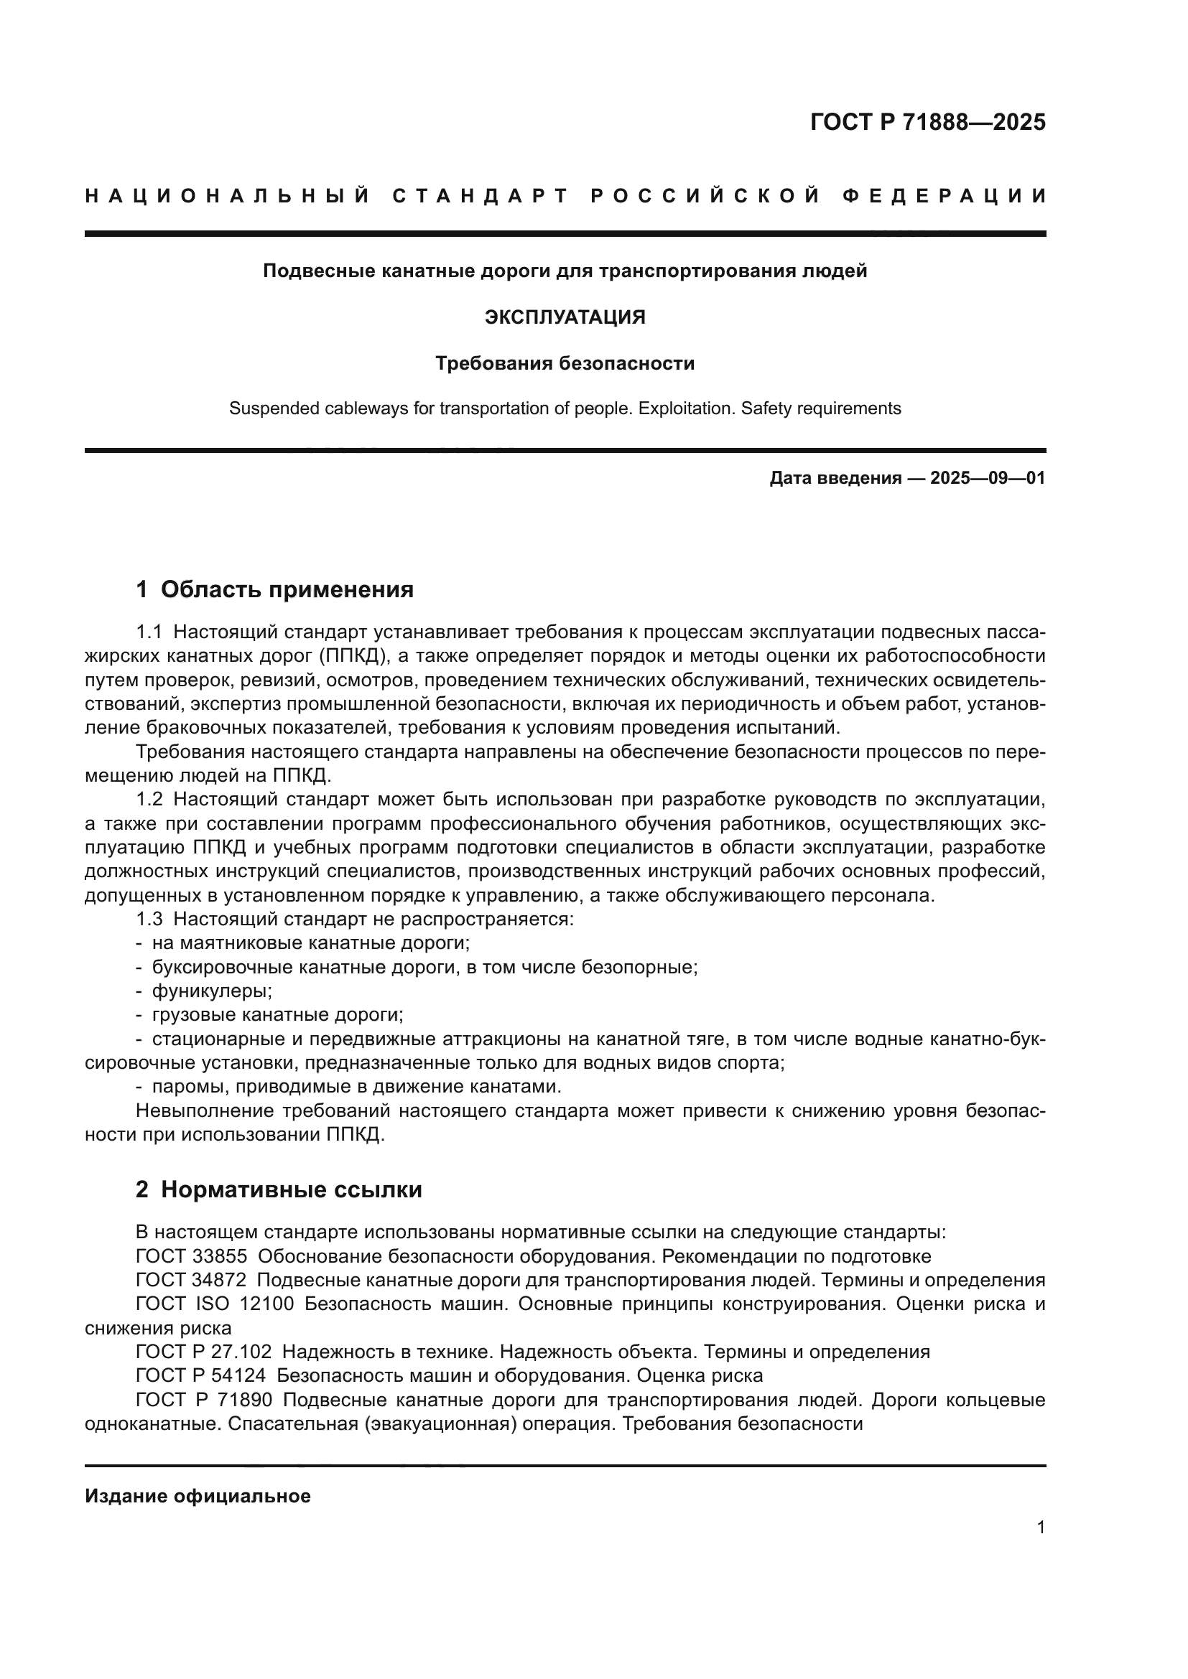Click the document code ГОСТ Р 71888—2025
tap(927, 122)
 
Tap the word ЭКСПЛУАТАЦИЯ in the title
tap(565, 317)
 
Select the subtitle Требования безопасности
tap(565, 363)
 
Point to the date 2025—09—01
tap(988, 479)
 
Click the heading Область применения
tap(287, 589)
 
